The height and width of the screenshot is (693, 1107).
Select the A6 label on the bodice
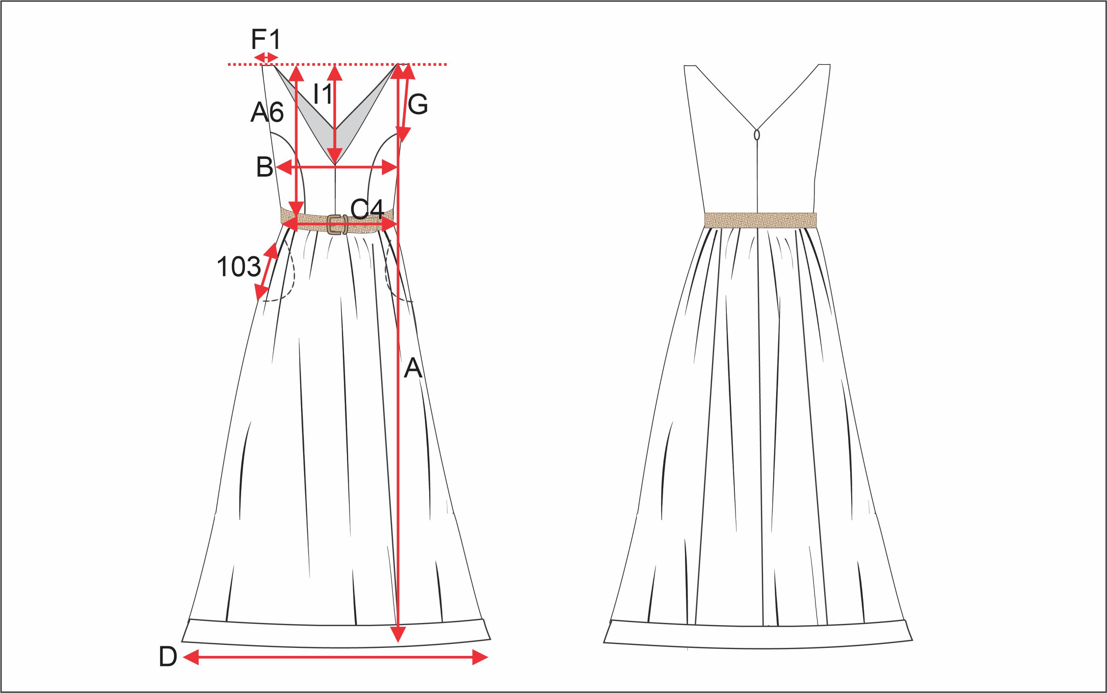pos(267,112)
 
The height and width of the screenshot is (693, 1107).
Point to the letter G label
pos(418,105)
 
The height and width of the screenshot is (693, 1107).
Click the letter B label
pos(264,167)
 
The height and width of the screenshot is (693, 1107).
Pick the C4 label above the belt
pos(366,210)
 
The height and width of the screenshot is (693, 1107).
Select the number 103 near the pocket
pos(238,267)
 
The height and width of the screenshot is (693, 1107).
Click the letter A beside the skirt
pos(413,368)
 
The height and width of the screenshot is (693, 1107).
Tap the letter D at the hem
pos(168,657)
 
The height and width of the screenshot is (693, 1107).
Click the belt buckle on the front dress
pos(337,224)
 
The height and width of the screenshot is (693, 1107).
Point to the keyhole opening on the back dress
pos(757,135)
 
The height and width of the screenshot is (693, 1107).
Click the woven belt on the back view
pos(760,220)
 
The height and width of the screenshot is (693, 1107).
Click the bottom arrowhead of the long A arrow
pos(398,635)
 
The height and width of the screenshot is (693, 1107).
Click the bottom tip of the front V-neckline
pos(335,164)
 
